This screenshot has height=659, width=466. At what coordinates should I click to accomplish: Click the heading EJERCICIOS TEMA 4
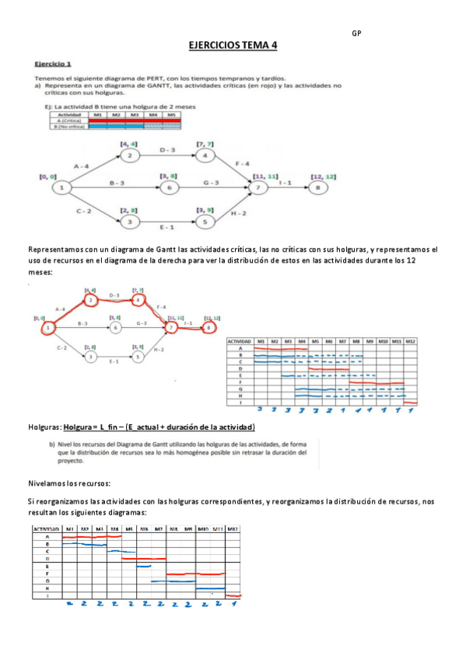233,46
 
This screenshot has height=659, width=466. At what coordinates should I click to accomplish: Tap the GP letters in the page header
356,33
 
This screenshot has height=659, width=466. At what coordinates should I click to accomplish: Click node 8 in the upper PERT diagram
317,187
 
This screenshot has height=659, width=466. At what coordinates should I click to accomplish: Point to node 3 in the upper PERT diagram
129,221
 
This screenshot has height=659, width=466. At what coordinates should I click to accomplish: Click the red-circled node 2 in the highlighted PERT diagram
91,300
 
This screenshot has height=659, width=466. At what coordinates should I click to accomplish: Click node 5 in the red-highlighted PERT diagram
138,357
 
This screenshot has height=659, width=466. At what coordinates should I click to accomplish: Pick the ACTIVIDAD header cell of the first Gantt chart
240,341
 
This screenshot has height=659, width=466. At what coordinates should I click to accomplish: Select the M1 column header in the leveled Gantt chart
70,529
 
